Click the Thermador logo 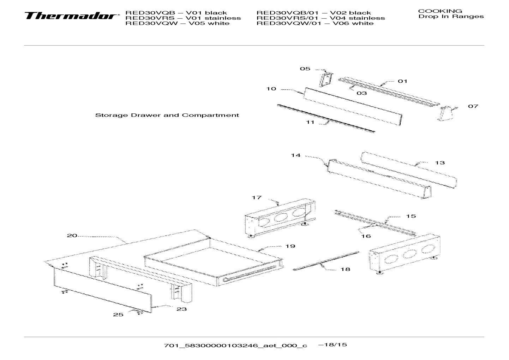pyautogui.click(x=70, y=16)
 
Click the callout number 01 pyautogui.click(x=402, y=81)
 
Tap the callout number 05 pyautogui.click(x=305, y=69)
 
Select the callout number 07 pyautogui.click(x=473, y=106)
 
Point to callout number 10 pyautogui.click(x=271, y=89)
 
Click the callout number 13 pyautogui.click(x=440, y=163)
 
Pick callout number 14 pyautogui.click(x=295, y=155)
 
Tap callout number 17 pyautogui.click(x=257, y=197)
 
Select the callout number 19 pyautogui.click(x=290, y=246)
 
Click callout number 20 pyautogui.click(x=72, y=236)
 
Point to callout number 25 pyautogui.click(x=118, y=314)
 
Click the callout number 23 pyautogui.click(x=181, y=309)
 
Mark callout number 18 pyautogui.click(x=345, y=269)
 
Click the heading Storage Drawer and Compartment pyautogui.click(x=167, y=115)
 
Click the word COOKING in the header pyautogui.click(x=440, y=11)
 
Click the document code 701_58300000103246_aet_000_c pyautogui.click(x=235, y=346)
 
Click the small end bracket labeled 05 pyautogui.click(x=326, y=79)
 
